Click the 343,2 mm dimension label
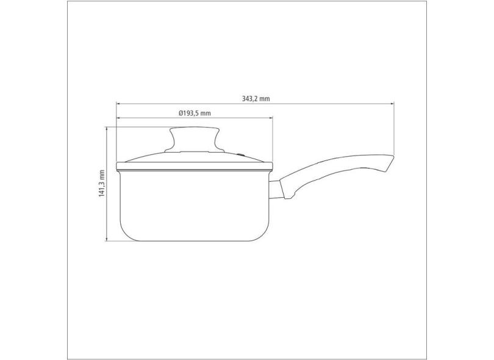pyautogui.click(x=256, y=98)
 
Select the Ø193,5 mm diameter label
pyautogui.click(x=195, y=113)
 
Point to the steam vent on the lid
pyautogui.click(x=240, y=155)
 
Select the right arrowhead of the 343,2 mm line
pyautogui.click(x=392, y=103)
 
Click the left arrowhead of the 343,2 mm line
pyautogui.click(x=118, y=103)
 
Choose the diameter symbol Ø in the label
pyautogui.click(x=181, y=113)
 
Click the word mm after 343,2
pyautogui.click(x=265, y=98)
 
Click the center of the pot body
pyautogui.click(x=194, y=204)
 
